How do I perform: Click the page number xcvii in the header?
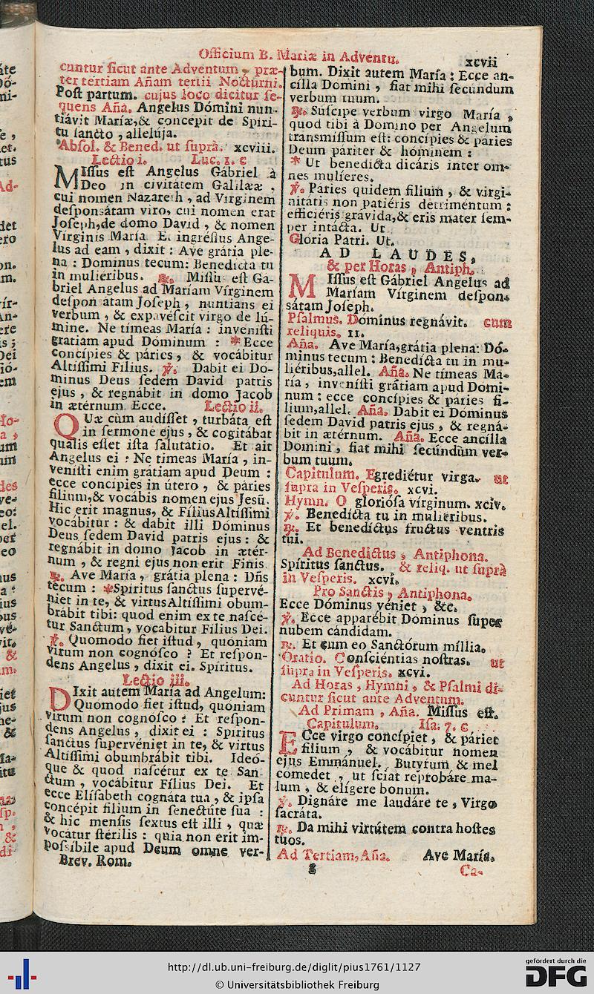[483, 55]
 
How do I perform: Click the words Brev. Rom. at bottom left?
[95, 863]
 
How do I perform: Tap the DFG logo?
[555, 974]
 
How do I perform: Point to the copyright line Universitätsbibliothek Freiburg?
[297, 985]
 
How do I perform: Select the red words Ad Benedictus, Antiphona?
[394, 554]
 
